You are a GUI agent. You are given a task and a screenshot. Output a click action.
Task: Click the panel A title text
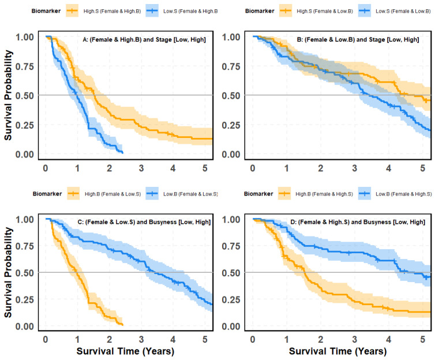click(144, 40)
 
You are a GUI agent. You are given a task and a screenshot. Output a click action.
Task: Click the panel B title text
click(358, 40)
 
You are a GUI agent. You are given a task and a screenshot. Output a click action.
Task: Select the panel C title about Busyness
click(144, 222)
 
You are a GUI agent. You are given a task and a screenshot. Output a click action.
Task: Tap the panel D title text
click(358, 222)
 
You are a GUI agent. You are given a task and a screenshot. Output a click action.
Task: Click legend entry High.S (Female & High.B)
click(112, 12)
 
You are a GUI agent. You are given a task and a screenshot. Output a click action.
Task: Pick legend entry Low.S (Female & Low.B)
click(403, 12)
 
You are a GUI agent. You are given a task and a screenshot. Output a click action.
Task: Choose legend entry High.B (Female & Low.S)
click(112, 194)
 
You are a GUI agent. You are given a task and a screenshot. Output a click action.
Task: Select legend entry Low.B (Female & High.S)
click(404, 194)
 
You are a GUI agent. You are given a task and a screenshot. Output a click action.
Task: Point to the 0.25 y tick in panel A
click(24, 125)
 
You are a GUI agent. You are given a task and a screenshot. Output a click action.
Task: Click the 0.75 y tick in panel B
click(231, 66)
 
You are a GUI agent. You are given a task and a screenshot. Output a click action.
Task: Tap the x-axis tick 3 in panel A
click(141, 168)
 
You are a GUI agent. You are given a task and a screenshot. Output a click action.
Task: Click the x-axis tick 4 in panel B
click(388, 168)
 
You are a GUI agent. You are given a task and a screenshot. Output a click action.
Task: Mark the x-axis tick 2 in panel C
click(109, 339)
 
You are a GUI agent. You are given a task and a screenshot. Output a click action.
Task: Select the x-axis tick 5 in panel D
click(422, 339)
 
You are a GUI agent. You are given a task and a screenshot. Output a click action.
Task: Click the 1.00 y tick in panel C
click(24, 219)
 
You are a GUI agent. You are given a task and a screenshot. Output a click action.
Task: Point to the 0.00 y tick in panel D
click(231, 327)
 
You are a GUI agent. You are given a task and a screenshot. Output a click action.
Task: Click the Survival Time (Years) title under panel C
click(125, 351)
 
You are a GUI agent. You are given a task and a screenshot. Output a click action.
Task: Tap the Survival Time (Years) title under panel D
click(338, 351)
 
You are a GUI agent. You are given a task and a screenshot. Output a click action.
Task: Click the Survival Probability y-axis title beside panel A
click(8, 95)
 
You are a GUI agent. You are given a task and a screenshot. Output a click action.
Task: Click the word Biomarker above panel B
click(260, 11)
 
